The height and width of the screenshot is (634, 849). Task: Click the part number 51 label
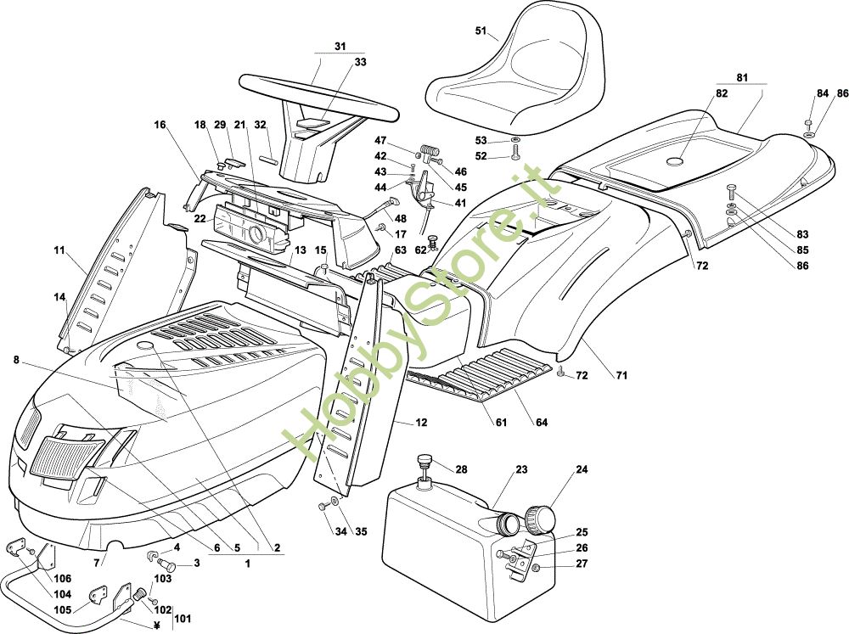(481, 31)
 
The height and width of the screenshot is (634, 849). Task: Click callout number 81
(743, 78)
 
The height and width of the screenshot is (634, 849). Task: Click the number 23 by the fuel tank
(521, 469)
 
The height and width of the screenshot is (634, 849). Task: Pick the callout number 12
(422, 423)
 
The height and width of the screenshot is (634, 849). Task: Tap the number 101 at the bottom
(181, 618)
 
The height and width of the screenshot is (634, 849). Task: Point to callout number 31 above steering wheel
(340, 46)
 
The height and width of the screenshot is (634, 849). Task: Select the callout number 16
(160, 125)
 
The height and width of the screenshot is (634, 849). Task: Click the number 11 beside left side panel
(59, 250)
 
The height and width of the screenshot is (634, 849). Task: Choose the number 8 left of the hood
(16, 359)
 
